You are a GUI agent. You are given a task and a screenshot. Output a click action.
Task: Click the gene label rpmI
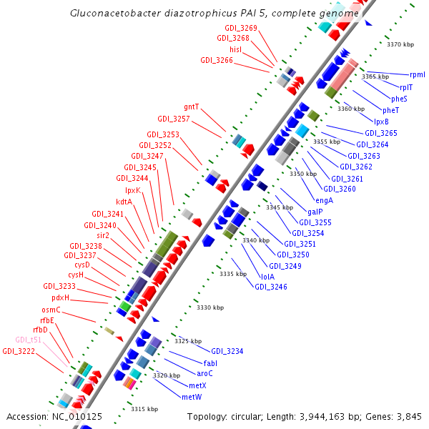tap(417, 74)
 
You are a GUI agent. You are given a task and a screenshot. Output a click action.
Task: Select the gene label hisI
tap(236, 49)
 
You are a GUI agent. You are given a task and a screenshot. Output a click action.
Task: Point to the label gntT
tap(192, 107)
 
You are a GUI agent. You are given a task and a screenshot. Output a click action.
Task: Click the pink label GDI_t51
tap(29, 340)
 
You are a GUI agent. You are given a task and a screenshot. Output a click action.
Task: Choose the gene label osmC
tap(51, 310)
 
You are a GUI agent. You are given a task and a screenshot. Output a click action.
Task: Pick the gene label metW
tap(192, 396)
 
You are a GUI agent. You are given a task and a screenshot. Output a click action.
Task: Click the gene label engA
tap(324, 200)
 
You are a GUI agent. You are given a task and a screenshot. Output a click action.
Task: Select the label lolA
tap(267, 276)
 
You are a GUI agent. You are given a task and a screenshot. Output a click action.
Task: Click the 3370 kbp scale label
tap(400, 44)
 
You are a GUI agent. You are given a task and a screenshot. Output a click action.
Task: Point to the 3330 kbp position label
tap(210, 307)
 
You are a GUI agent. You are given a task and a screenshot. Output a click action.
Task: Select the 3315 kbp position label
tap(143, 409)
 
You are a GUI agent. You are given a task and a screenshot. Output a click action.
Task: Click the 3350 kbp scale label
tap(302, 174)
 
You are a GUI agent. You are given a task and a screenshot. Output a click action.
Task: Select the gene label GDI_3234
tap(227, 351)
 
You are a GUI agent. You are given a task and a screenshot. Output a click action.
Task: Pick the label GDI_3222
tap(18, 351)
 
